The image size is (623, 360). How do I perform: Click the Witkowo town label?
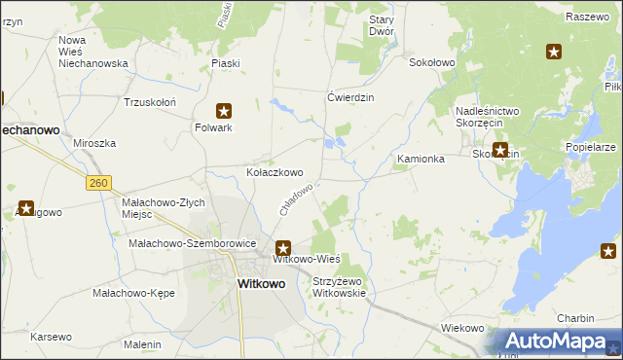pyautogui.click(x=262, y=284)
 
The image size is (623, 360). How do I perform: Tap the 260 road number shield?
pyautogui.click(x=97, y=182)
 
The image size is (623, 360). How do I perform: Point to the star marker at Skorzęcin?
pyautogui.click(x=500, y=150)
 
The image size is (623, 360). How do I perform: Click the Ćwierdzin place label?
pyautogui.click(x=350, y=97)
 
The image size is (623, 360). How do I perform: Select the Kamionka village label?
pyautogui.click(x=421, y=158)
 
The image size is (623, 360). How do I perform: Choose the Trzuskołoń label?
pyautogui.click(x=149, y=102)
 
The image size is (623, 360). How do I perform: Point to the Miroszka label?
pyautogui.click(x=94, y=143)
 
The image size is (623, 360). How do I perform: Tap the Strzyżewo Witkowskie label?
pyautogui.click(x=338, y=287)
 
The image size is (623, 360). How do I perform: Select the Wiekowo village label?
pyautogui.click(x=462, y=328)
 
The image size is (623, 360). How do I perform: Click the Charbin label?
pyautogui.click(x=575, y=318)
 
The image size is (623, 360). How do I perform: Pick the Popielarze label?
pyautogui.click(x=590, y=147)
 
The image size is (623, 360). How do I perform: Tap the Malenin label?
pyautogui.click(x=142, y=344)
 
